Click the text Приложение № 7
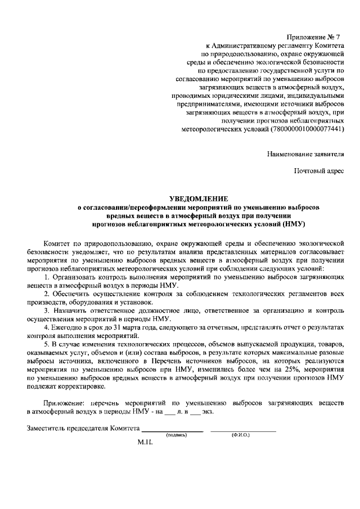[x=316, y=37]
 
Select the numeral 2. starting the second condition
[x=47, y=294]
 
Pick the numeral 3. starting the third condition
[x=47, y=310]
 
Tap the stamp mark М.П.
[x=146, y=442]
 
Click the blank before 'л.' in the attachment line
[x=170, y=412]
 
